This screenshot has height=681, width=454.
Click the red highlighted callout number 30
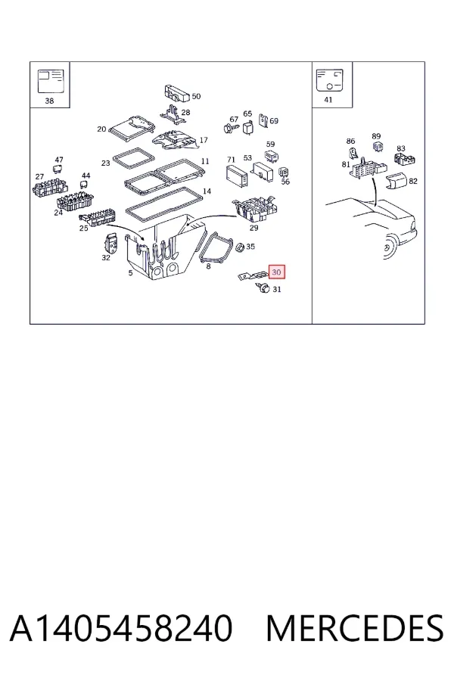276,272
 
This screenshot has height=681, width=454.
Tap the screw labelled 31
263,287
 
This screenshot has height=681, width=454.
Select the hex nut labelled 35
239,247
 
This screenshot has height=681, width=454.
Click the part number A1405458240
121,628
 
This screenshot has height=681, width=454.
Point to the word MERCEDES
355,628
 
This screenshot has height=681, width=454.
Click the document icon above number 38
51,81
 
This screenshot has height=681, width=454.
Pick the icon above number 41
330,80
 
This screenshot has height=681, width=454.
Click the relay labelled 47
58,169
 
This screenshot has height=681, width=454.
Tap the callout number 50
197,96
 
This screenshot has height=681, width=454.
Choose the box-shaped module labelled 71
236,176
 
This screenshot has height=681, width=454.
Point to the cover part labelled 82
396,180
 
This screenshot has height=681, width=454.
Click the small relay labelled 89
378,146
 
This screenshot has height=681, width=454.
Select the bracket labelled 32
113,244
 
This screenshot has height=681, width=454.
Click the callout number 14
207,191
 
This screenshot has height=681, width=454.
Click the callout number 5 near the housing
130,272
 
